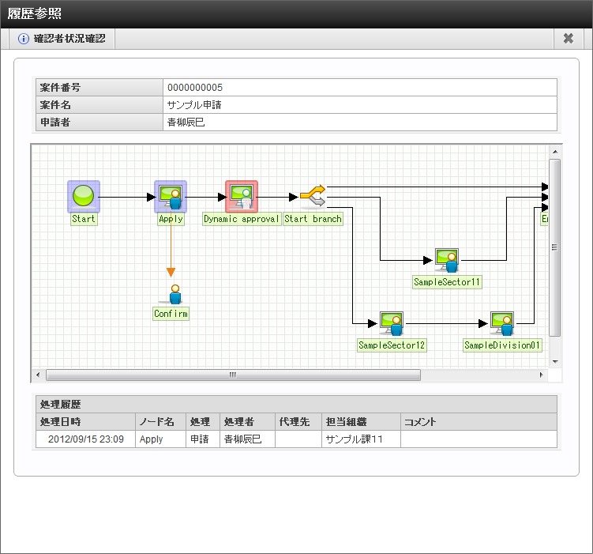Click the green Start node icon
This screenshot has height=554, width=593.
tap(83, 196)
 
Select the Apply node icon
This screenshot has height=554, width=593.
tap(171, 196)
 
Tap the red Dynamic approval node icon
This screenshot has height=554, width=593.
tap(242, 196)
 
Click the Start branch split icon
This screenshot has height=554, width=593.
tap(313, 196)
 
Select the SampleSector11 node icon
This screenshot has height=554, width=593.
tap(447, 260)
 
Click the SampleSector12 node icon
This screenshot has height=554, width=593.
tap(392, 323)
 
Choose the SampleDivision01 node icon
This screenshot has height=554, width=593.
tap(502, 323)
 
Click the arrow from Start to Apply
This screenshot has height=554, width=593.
tap(126, 197)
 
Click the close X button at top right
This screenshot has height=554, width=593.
tap(568, 39)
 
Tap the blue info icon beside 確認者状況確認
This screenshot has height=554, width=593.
tap(24, 39)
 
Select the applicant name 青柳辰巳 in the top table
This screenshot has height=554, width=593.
tap(186, 122)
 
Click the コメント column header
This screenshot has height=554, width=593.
tap(420, 422)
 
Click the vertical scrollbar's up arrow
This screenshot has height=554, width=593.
tap(555, 152)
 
